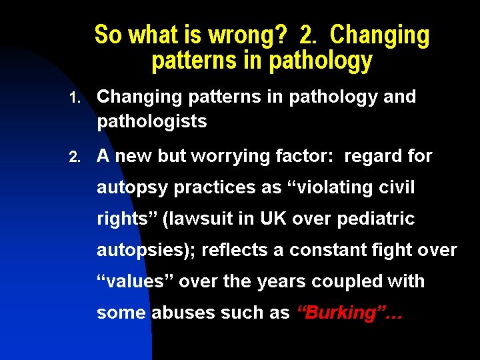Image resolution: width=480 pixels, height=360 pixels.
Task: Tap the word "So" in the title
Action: [107, 35]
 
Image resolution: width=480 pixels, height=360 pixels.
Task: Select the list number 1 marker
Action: [75, 98]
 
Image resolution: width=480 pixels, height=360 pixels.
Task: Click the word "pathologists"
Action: [152, 122]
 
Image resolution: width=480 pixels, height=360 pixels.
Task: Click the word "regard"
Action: [373, 157]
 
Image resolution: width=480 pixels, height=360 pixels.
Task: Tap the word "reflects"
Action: [235, 250]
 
